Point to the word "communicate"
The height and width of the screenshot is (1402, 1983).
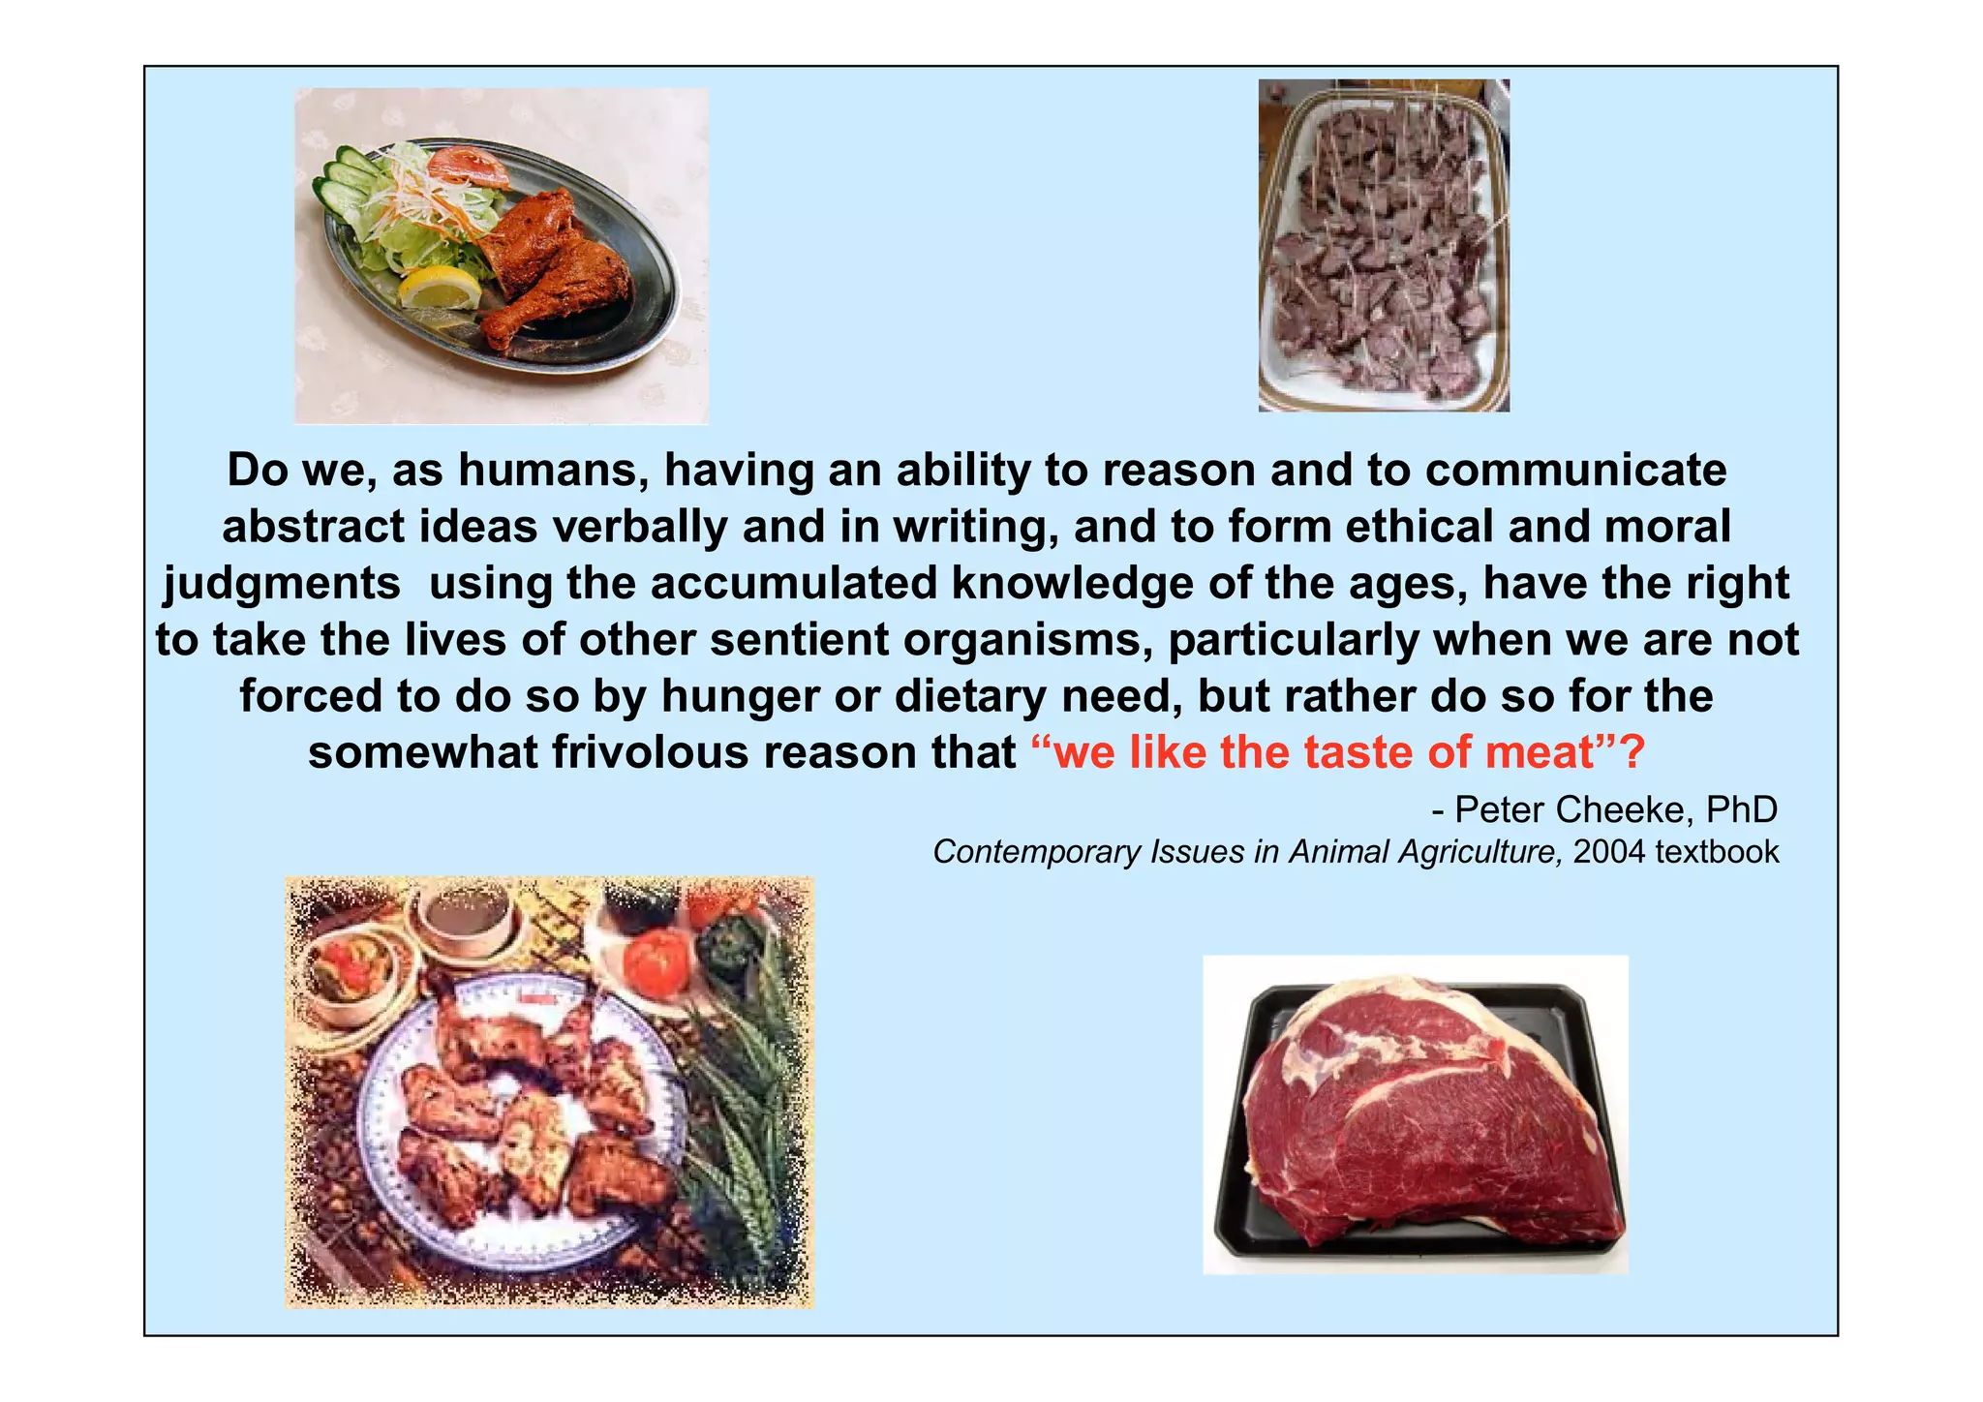1575,471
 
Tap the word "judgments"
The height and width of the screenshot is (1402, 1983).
282,584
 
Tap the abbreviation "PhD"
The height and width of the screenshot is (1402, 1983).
1741,808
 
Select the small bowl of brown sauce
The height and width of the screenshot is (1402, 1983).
463,915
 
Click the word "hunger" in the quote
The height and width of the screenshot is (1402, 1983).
740,697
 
